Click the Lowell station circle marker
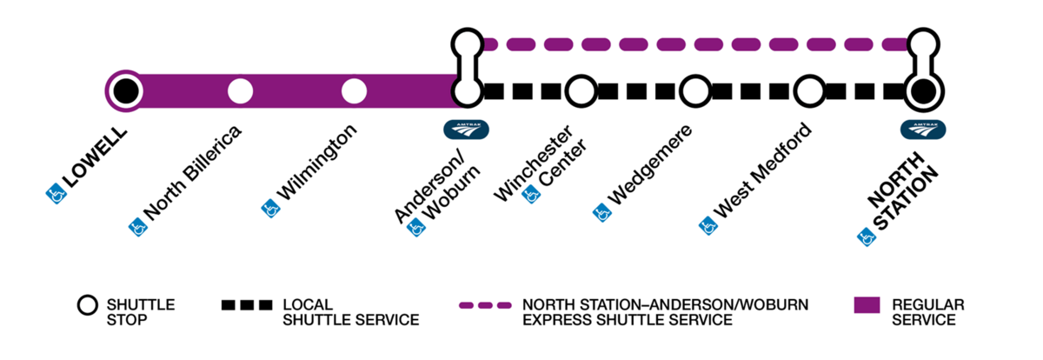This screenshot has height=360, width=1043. tap(124, 90)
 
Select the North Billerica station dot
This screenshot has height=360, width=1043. tap(240, 90)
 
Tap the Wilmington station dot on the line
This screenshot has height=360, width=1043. tap(354, 90)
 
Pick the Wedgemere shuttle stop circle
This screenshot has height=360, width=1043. tap(694, 90)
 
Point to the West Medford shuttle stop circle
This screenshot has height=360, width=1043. tap(809, 90)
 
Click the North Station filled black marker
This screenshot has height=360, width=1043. tap(922, 90)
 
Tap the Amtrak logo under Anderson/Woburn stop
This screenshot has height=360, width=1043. tap(467, 129)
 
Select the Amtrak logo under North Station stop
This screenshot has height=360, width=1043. tap(922, 129)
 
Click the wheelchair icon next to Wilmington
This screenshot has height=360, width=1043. tap(270, 209)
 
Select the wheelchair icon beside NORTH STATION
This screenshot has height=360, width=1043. tap(865, 235)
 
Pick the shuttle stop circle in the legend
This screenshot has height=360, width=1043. tap(88, 306)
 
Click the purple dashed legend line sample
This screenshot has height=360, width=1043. tap(486, 305)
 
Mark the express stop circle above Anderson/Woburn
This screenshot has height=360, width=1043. tap(467, 43)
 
